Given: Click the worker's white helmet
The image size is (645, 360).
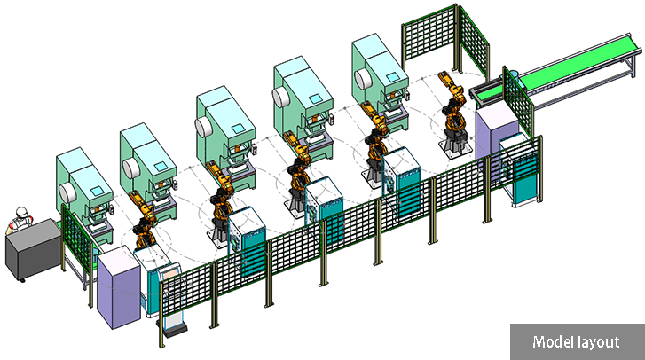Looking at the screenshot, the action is (21, 213).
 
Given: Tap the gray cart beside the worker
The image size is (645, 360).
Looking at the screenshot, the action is (33, 249).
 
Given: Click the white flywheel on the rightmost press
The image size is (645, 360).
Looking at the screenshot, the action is (363, 79).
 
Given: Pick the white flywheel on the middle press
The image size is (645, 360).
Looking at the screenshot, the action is (203, 127).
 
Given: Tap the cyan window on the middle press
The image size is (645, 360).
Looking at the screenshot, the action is (238, 129).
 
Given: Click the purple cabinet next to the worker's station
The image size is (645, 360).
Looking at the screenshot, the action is (119, 287).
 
